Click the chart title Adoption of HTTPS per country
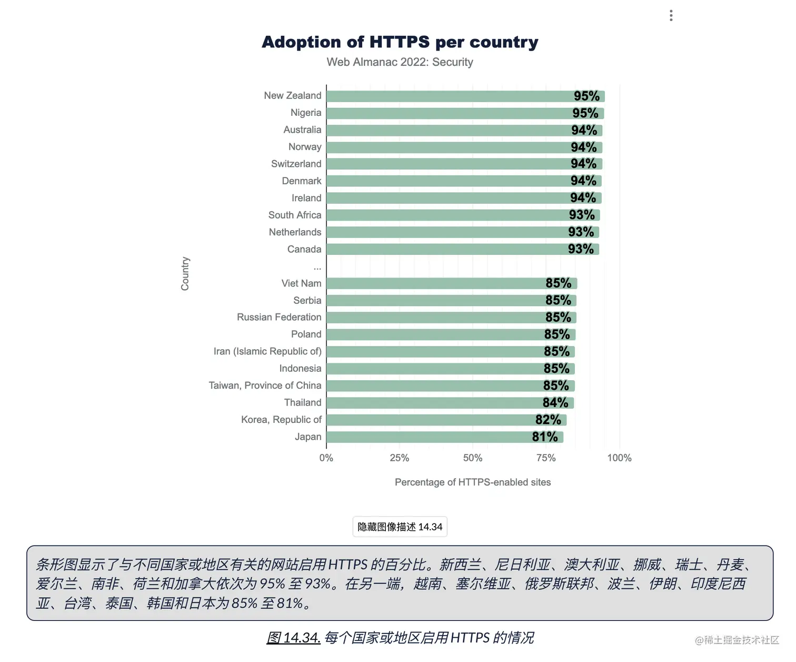(400, 42)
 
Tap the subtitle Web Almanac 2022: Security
(400, 62)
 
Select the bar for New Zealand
(447, 96)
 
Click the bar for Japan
(426, 437)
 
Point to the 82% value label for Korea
(548, 420)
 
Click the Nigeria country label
(305, 113)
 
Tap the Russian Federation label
(279, 317)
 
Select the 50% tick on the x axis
(472, 458)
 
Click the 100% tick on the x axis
(619, 458)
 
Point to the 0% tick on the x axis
(326, 458)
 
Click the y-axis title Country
(185, 274)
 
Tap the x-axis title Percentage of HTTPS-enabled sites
(472, 482)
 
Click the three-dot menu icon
(671, 16)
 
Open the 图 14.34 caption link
(293, 638)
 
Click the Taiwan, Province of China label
(265, 386)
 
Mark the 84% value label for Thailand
(555, 403)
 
